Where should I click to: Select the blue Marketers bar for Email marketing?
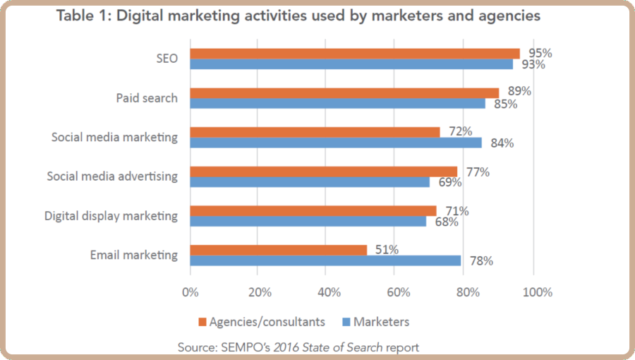click(x=325, y=260)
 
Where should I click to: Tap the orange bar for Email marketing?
click(x=279, y=250)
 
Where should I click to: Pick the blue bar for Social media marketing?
click(x=336, y=143)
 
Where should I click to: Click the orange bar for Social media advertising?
click(x=323, y=172)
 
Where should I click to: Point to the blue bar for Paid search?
click(x=337, y=103)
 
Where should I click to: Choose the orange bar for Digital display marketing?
click(x=313, y=210)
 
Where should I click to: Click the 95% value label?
click(x=540, y=53)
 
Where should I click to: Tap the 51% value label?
click(x=387, y=249)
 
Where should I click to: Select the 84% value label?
click(x=502, y=143)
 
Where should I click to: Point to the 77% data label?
click(x=477, y=171)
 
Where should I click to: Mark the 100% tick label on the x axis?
click(x=537, y=292)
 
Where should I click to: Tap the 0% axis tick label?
click(x=190, y=292)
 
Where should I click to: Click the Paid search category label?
click(x=147, y=97)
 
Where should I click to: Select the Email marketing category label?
click(x=133, y=255)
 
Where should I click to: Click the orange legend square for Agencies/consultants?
click(x=203, y=322)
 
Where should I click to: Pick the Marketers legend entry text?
click(x=381, y=322)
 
